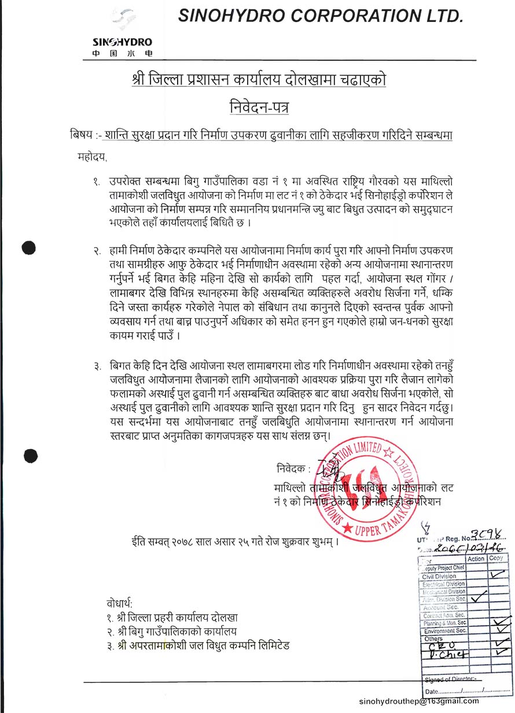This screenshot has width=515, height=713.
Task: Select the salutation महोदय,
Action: [93, 156]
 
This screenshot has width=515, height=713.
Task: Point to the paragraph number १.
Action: [96, 182]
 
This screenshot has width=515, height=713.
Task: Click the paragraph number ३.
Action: [96, 366]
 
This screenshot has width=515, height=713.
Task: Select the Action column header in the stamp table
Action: [476, 559]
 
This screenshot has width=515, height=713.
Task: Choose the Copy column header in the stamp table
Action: [496, 559]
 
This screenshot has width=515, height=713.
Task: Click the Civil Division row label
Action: [439, 576]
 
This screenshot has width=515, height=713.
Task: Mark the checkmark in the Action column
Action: [478, 598]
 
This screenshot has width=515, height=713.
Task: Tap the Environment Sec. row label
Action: [444, 631]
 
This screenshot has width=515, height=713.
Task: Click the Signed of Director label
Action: [450, 679]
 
